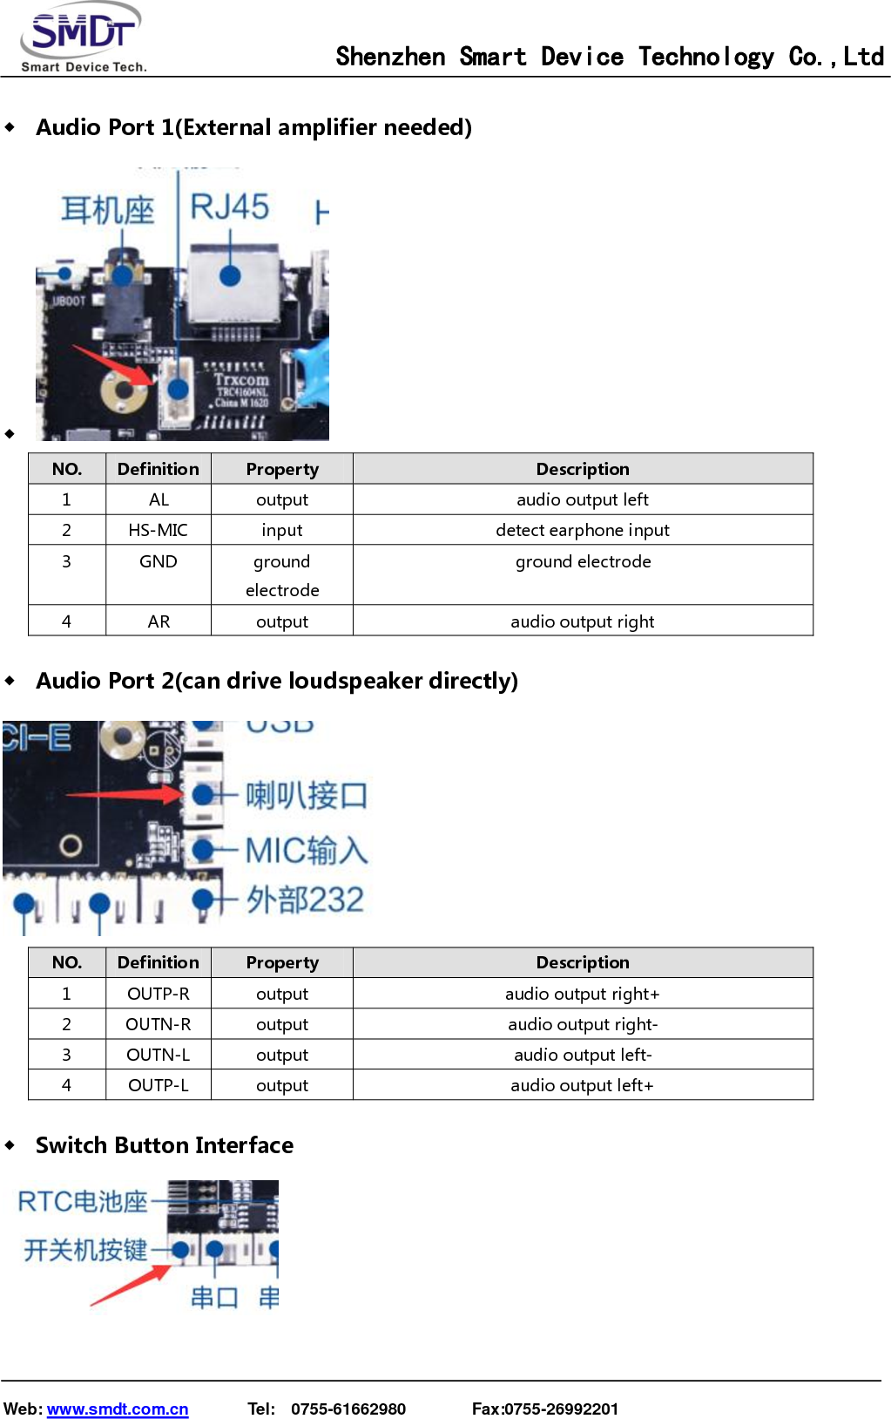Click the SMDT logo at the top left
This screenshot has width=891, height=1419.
point(82,37)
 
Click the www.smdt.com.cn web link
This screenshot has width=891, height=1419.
point(118,1409)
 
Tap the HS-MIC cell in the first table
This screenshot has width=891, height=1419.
point(158,530)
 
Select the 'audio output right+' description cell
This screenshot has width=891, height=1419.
point(582,994)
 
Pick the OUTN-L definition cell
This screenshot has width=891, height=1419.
point(158,1055)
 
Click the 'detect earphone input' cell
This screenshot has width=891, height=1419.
point(582,530)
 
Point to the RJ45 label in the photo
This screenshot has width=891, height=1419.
point(230,207)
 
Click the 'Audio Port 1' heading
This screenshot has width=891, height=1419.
point(253,127)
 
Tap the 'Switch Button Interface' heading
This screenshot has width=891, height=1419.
point(165,1145)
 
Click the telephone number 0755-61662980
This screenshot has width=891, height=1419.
point(348,1409)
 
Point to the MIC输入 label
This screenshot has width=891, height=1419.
point(306,850)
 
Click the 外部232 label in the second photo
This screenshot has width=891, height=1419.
point(304,900)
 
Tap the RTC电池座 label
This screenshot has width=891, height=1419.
point(83,1202)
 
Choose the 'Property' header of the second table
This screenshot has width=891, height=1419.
point(282,962)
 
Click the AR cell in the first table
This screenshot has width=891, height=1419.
point(159,621)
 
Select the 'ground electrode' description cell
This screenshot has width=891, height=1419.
point(582,562)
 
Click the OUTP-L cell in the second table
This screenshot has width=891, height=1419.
point(158,1085)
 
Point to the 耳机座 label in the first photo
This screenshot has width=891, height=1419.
point(107,210)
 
